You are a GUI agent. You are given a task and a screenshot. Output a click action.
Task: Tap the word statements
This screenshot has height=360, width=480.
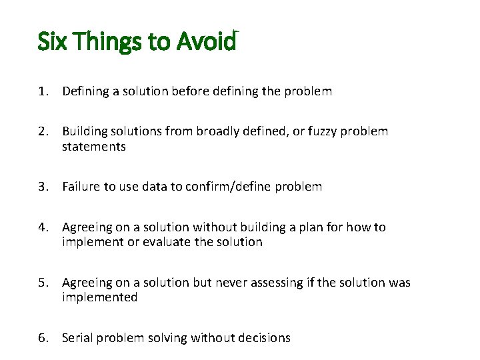94,147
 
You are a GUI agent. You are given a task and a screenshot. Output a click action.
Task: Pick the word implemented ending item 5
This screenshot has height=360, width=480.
100,297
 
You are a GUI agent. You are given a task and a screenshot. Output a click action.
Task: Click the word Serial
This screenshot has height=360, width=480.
77,338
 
